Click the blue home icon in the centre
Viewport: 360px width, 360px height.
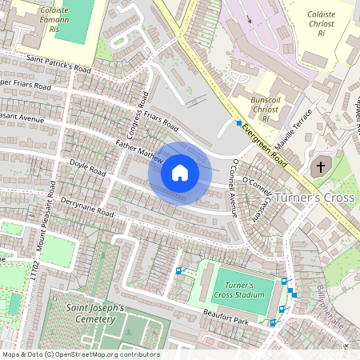[180, 173]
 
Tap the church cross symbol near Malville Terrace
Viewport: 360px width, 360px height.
[320, 167]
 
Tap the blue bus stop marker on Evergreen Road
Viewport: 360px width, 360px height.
[238, 123]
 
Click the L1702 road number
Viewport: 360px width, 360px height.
[34, 273]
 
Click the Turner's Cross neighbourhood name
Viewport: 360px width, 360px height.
[313, 198]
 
